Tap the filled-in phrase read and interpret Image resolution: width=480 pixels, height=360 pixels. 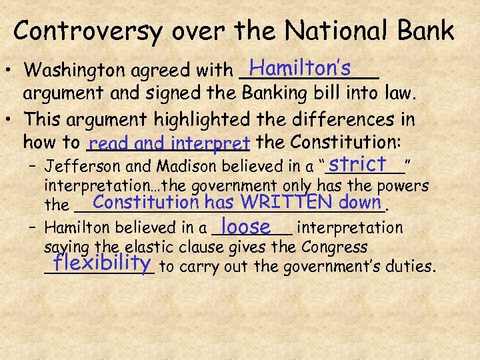tap(169, 143)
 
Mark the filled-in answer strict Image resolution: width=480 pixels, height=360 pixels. tap(357, 163)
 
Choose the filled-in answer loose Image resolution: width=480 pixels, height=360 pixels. tap(246, 226)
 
